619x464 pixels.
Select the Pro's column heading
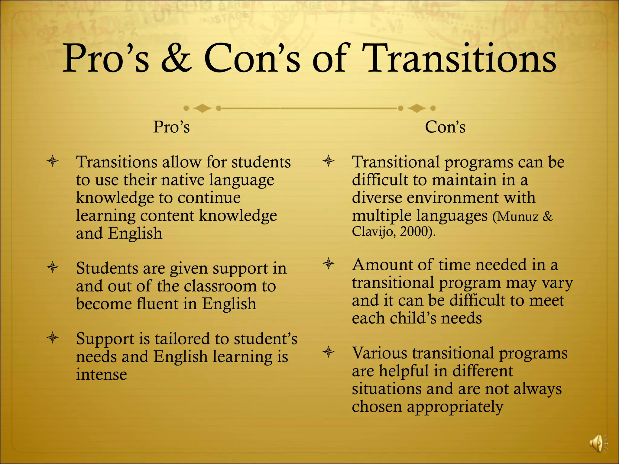click(x=171, y=127)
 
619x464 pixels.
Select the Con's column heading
click(x=445, y=127)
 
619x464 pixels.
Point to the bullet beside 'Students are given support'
click(x=53, y=267)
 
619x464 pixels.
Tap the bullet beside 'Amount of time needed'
click(x=329, y=264)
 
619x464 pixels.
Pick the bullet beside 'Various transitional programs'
click(x=329, y=352)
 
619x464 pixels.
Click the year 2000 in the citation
click(x=413, y=232)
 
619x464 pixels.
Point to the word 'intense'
click(x=101, y=375)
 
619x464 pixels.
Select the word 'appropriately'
click(x=455, y=407)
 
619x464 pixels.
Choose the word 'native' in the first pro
click(x=183, y=180)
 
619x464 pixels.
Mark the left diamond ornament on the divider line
click(x=202, y=108)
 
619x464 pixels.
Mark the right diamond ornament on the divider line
click(x=416, y=108)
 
